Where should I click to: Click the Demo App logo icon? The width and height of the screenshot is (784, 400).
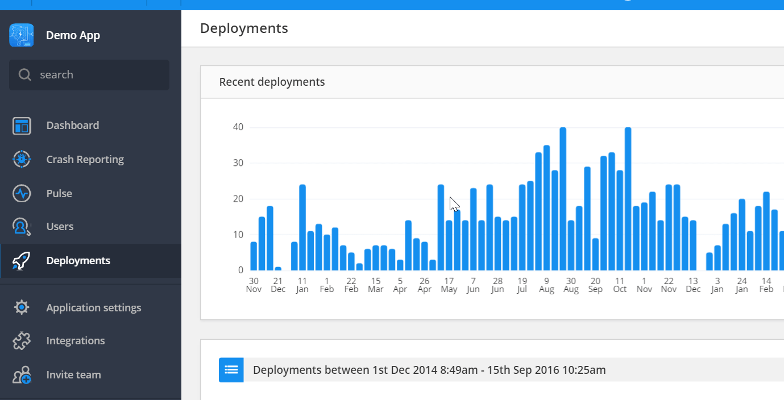[x=22, y=35]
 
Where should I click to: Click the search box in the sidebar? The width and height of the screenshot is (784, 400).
[x=89, y=75]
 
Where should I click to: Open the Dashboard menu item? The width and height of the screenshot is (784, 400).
[x=72, y=126]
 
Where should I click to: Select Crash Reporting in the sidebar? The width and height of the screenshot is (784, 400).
[x=85, y=160]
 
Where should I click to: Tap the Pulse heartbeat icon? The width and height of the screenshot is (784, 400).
[x=22, y=193]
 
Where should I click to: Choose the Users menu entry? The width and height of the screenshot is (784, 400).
[x=60, y=227]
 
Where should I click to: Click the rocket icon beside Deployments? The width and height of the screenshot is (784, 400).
[x=22, y=261]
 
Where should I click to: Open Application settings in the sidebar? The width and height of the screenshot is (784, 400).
[x=93, y=308]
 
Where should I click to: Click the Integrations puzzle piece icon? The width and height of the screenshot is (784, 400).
[x=22, y=341]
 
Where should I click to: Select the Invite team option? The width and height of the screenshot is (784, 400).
[x=73, y=375]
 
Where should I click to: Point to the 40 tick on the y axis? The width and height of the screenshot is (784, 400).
[x=238, y=127]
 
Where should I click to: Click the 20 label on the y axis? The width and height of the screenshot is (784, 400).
[x=238, y=199]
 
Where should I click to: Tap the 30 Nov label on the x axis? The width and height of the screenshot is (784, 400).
[x=254, y=285]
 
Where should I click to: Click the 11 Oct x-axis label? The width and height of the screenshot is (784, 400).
[x=620, y=285]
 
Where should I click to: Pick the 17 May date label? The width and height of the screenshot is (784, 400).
[x=449, y=285]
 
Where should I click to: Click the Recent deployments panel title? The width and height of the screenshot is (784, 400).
[x=272, y=82]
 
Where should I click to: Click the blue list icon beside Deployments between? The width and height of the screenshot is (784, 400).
[x=231, y=370]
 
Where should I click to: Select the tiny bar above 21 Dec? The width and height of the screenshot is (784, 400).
[x=278, y=269]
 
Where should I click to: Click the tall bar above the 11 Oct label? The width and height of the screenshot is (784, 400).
[x=628, y=199]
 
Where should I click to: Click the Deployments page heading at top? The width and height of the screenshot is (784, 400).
[x=244, y=28]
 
